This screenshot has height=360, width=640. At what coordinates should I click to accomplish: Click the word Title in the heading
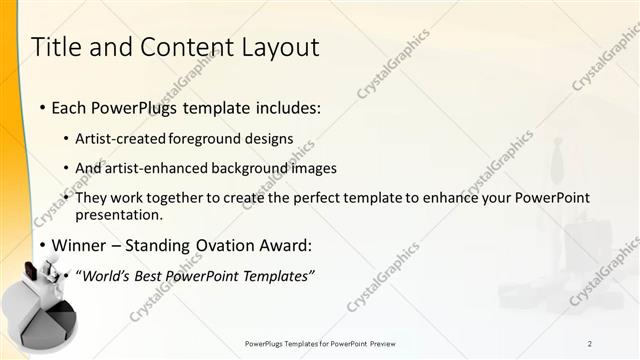[58, 47]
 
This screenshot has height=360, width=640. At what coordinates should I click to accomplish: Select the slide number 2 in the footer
[590, 343]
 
